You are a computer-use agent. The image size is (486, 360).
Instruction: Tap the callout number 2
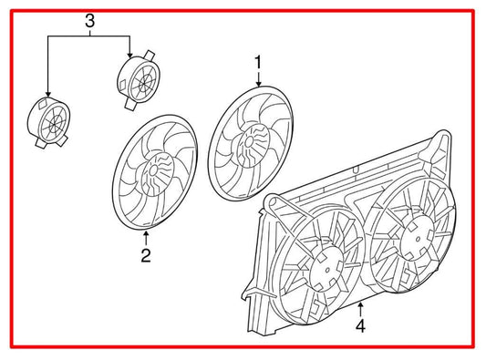[146, 255]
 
